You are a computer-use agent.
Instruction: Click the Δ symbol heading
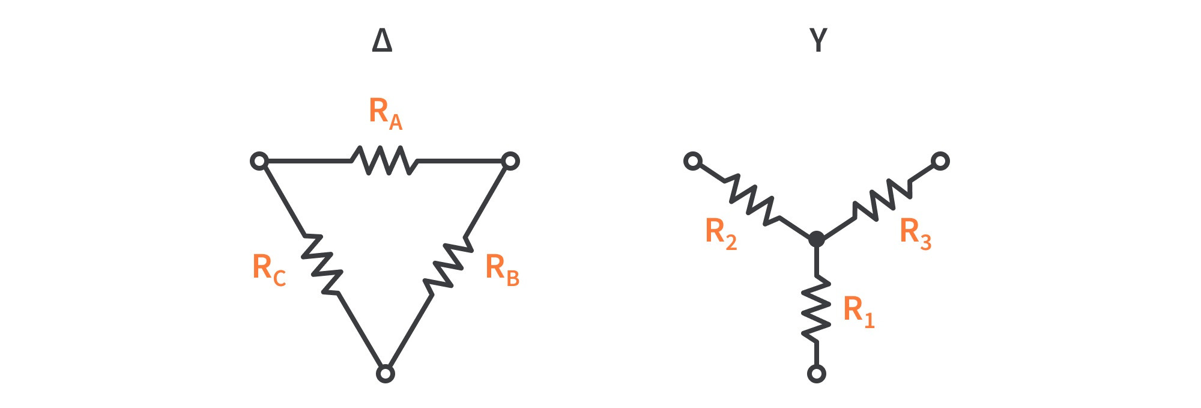382,40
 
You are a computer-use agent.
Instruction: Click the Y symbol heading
818,40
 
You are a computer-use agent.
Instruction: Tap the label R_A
385,113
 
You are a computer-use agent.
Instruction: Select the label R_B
501,269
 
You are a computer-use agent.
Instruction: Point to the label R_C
268,269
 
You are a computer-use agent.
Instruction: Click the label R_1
858,311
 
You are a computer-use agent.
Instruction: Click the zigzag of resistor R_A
384,161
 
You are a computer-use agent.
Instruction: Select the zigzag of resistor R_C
322,264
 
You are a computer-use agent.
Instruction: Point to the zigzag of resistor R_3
882,198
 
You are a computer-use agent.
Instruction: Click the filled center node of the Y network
816,239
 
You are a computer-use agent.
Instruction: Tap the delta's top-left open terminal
259,161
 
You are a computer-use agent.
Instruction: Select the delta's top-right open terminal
510,161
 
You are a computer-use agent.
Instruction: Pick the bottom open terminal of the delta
385,374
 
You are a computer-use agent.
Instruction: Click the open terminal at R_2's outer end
693,161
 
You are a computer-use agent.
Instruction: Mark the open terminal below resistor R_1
816,374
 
